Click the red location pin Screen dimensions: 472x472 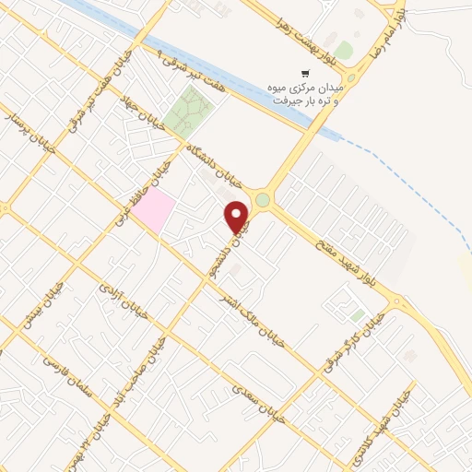(x=238, y=215)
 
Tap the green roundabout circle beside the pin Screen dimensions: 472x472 (x=264, y=199)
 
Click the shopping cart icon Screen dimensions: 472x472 (x=303, y=73)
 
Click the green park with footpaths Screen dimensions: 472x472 (x=190, y=115)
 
